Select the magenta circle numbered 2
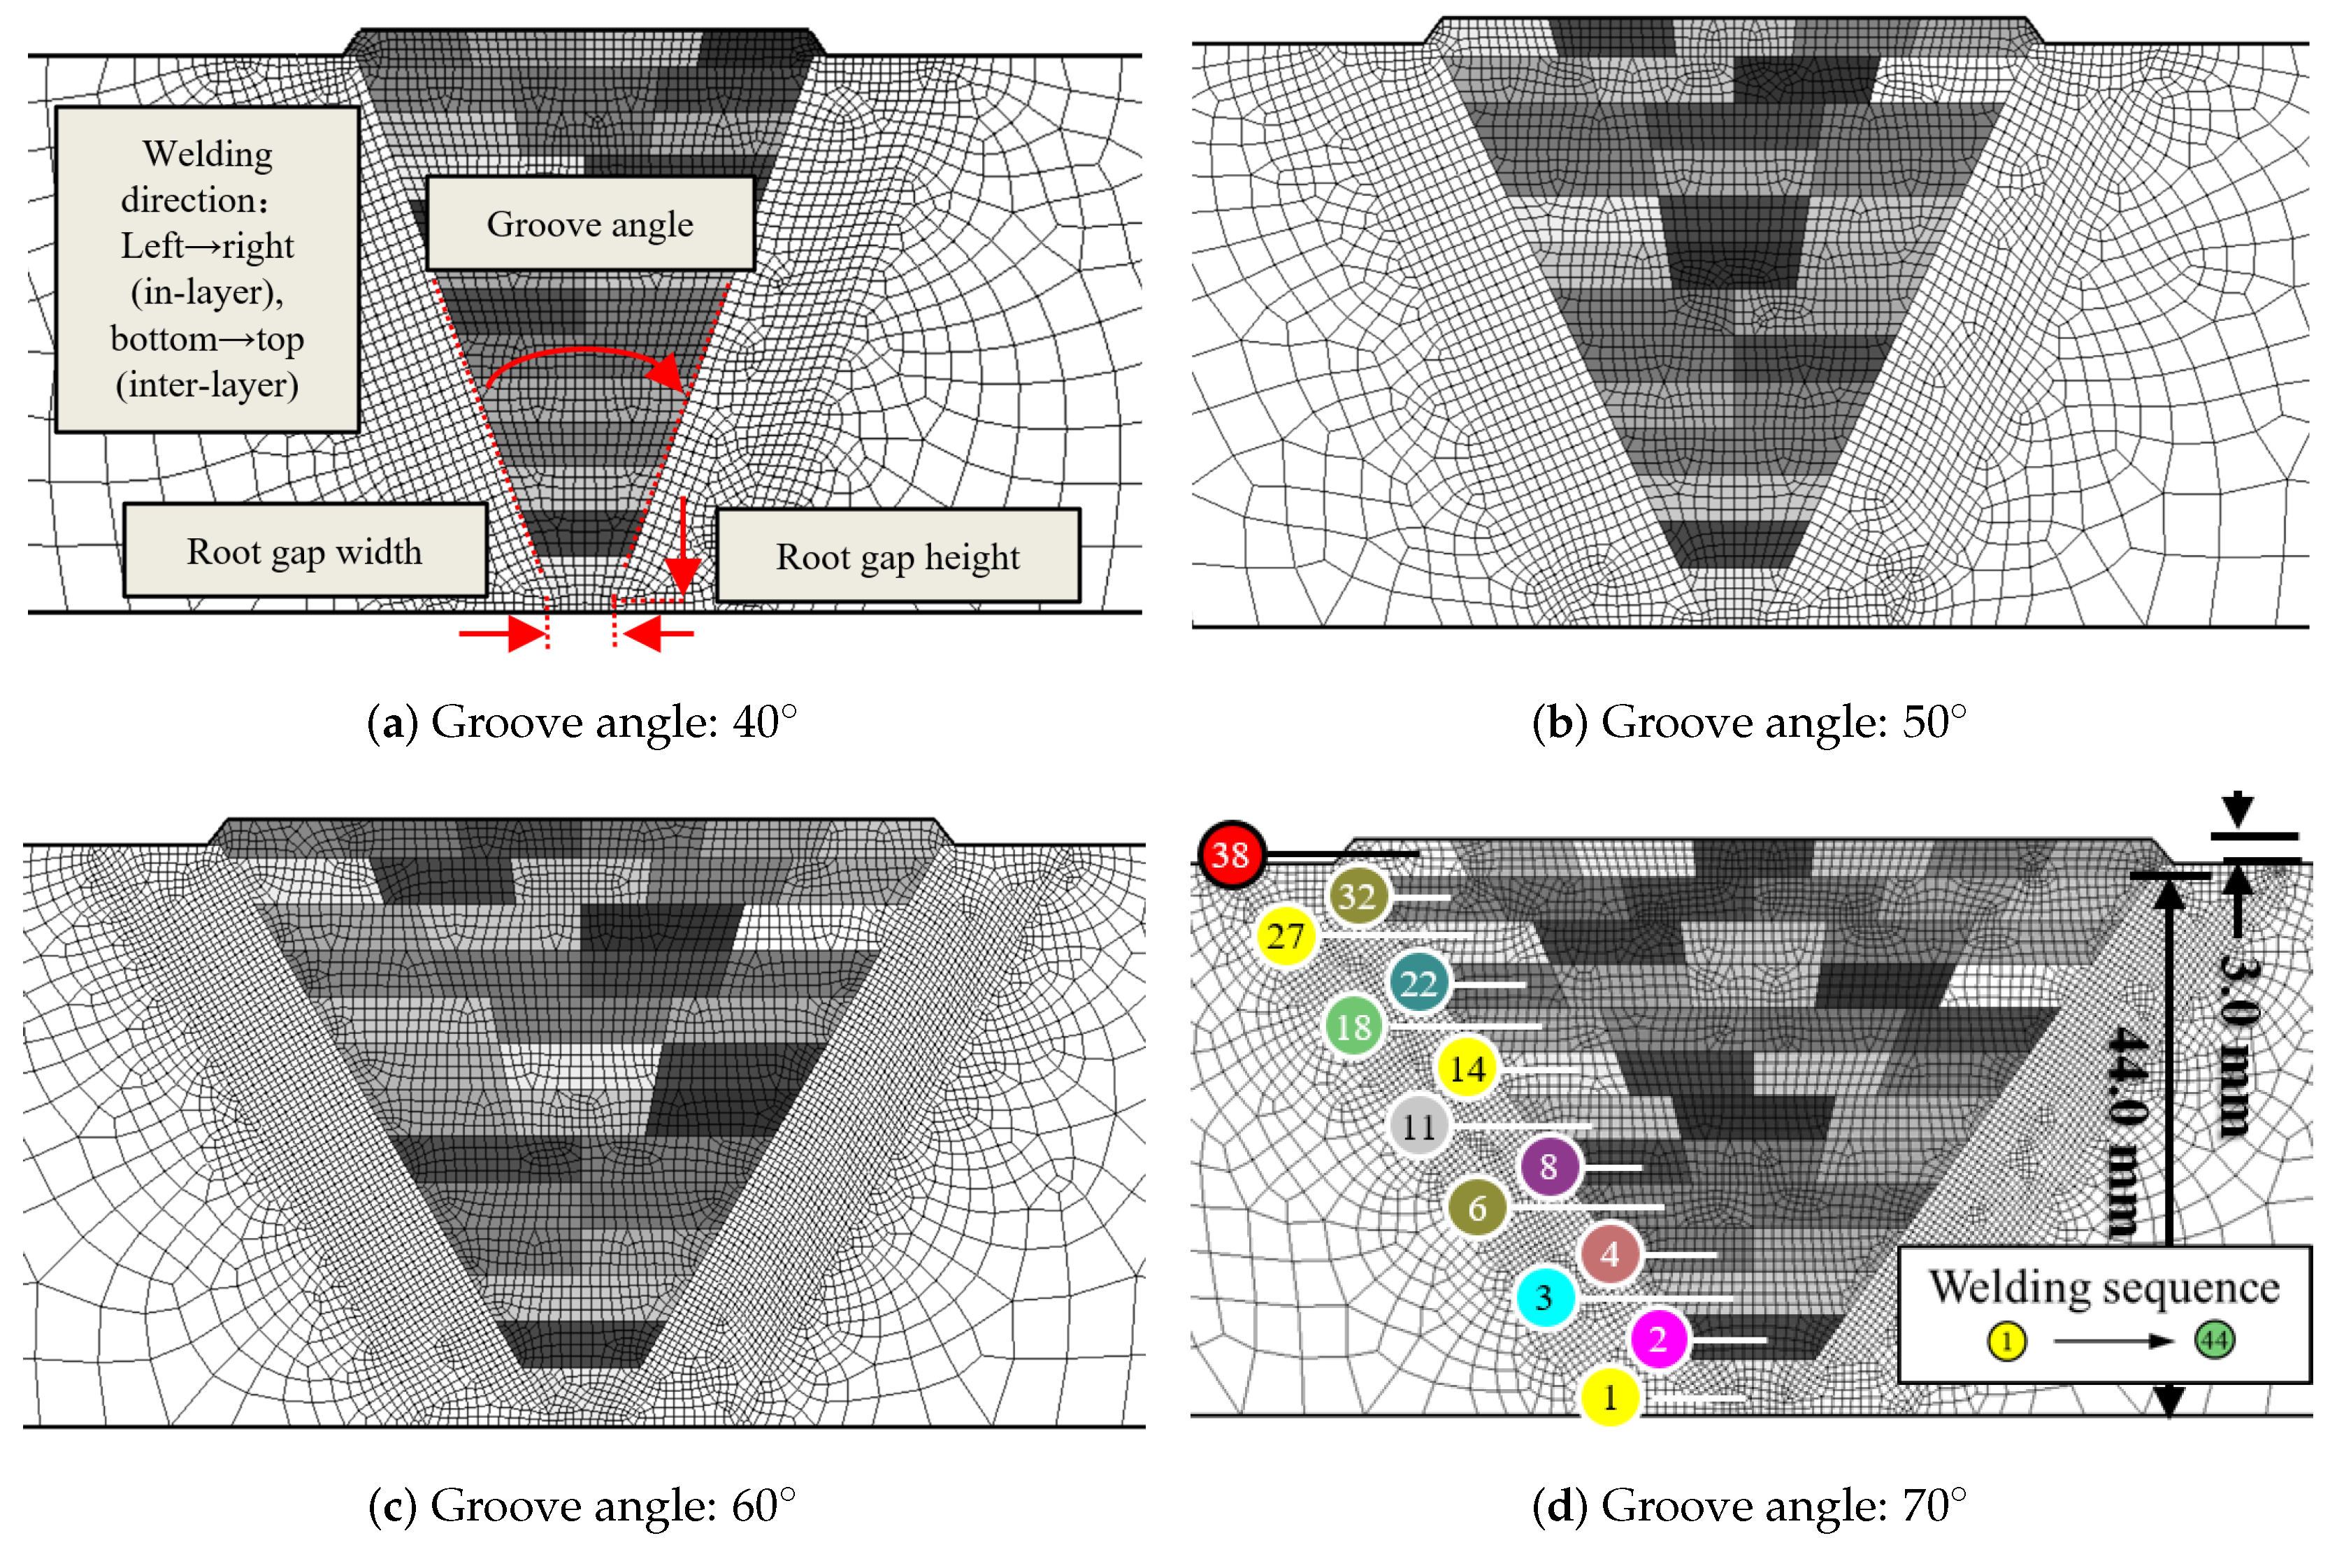tap(1659, 1339)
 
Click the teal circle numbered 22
tap(1418, 982)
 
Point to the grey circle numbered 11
tap(1418, 1126)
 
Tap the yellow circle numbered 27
tap(1286, 935)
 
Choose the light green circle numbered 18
tap(1353, 1027)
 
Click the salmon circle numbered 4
tap(1610, 1253)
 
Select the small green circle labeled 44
tap(2214, 1340)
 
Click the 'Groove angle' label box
tap(590, 224)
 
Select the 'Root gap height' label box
tap(898, 556)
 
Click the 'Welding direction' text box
tap(207, 269)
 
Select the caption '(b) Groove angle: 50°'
tap(1749, 722)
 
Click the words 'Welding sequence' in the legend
tap(2104, 1287)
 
